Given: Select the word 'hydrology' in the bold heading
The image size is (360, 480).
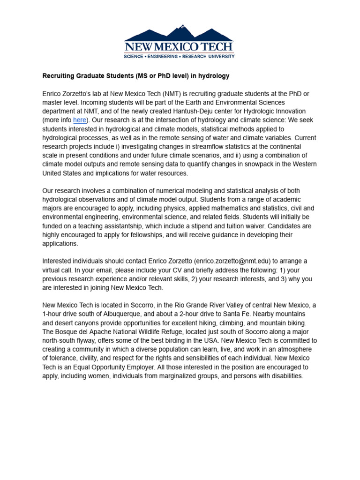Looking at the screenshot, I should click(x=214, y=75).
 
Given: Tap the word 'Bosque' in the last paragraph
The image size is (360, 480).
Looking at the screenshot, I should click(x=68, y=332).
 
